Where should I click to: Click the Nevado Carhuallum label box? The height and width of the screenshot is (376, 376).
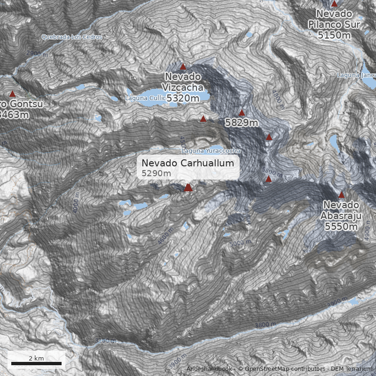click(x=188, y=168)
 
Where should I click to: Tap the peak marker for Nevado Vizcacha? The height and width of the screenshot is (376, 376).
click(x=183, y=67)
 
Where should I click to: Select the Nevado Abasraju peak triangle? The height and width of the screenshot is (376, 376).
click(x=341, y=195)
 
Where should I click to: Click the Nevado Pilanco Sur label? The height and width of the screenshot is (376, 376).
click(x=334, y=24)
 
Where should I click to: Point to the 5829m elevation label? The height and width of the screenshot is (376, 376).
click(x=242, y=123)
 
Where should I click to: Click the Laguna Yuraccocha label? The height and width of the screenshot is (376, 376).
click(x=211, y=151)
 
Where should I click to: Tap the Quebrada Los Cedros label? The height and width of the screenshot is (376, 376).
click(x=71, y=37)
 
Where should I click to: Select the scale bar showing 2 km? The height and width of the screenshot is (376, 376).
click(x=36, y=363)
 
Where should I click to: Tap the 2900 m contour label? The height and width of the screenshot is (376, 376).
click(x=36, y=53)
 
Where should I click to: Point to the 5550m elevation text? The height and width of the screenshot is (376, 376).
click(x=341, y=226)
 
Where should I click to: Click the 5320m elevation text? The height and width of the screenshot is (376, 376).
click(x=183, y=98)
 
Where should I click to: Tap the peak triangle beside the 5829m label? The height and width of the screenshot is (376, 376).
click(x=242, y=113)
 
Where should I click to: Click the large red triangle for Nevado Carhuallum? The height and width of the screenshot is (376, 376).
click(x=188, y=188)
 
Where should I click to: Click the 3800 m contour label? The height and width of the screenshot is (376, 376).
click(x=266, y=324)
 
